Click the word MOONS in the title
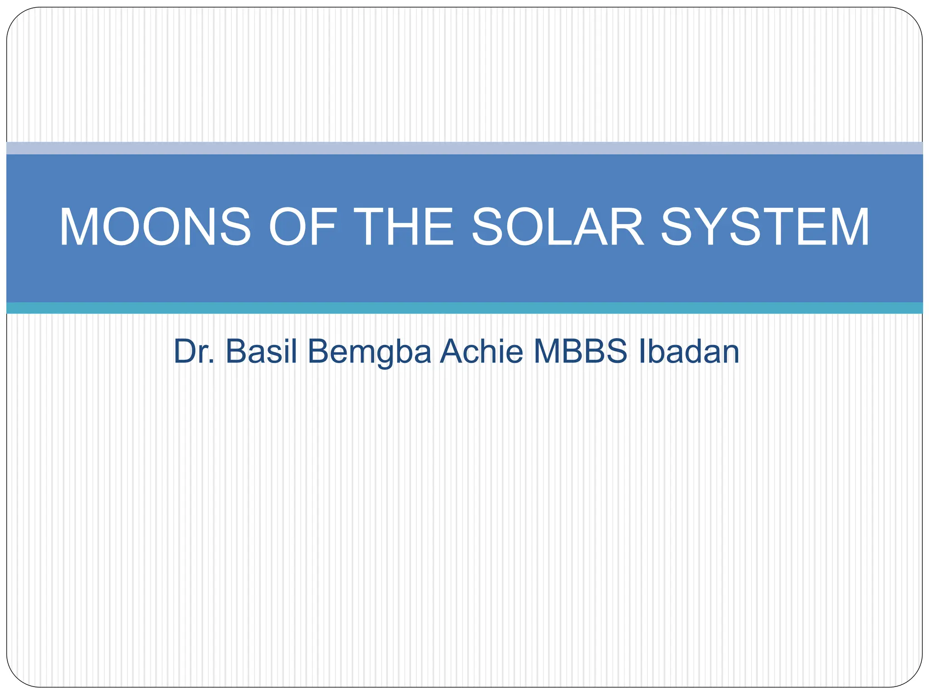155,227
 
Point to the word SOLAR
557,227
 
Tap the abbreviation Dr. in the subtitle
194,351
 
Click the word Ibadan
689,351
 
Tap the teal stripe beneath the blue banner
464,308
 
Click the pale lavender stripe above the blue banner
464,148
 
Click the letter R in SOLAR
627,227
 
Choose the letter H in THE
404,227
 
